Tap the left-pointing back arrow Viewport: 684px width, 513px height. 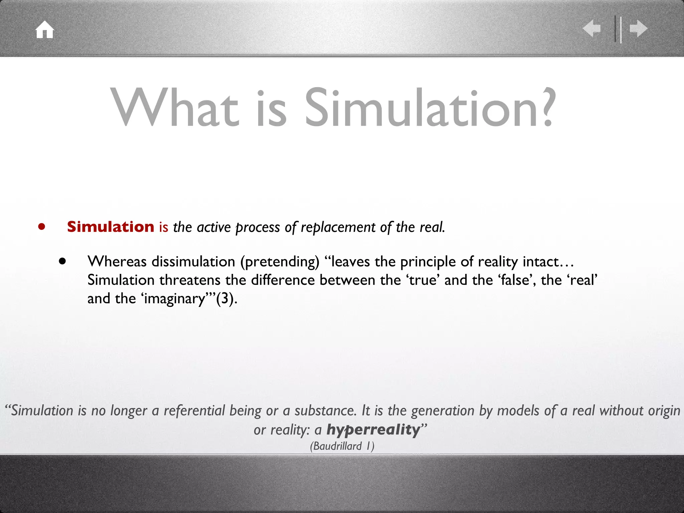click(x=591, y=28)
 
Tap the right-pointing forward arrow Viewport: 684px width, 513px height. click(x=639, y=28)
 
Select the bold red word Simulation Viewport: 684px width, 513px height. click(x=111, y=227)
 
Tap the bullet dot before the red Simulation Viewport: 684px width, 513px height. click(x=41, y=227)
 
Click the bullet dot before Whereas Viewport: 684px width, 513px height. click(x=62, y=261)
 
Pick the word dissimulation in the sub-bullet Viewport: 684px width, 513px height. click(x=193, y=262)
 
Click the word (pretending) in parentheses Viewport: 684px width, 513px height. click(x=280, y=262)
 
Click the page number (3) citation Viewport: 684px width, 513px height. click(x=226, y=299)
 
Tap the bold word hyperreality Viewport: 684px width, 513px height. click(x=373, y=430)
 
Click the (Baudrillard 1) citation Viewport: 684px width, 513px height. click(x=342, y=446)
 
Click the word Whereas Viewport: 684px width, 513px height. click(x=117, y=262)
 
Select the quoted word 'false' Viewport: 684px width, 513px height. click(x=516, y=280)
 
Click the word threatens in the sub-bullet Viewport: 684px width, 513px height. click(x=190, y=280)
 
